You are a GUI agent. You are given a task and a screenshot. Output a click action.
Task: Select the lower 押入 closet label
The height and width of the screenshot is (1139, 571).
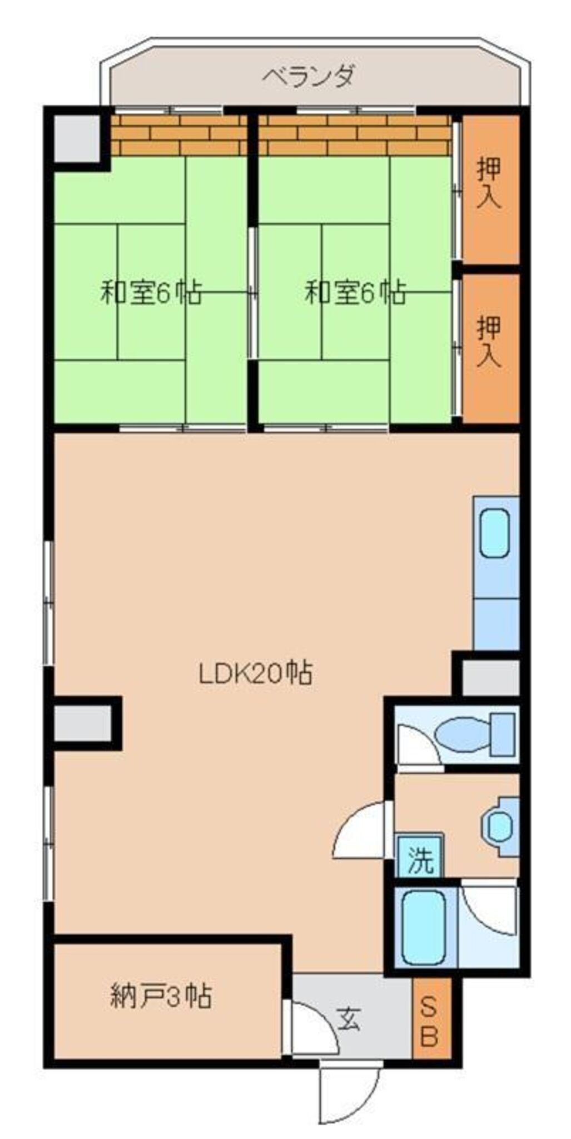490,341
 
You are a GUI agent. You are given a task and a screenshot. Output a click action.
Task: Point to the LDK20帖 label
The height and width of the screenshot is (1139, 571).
256,673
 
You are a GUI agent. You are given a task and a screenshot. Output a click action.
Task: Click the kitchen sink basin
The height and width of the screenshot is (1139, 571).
494,533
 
